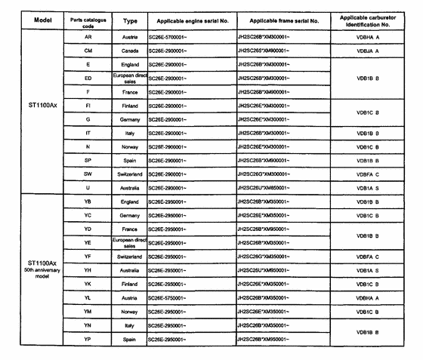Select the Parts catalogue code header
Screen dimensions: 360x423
[88, 20]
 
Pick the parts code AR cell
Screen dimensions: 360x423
[88, 36]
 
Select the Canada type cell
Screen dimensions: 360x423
[130, 51]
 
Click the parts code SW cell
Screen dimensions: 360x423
[88, 174]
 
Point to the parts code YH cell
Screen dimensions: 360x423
[88, 269]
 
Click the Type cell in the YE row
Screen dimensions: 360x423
[130, 242]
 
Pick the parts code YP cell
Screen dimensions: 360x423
[88, 339]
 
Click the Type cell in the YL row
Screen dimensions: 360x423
[130, 297]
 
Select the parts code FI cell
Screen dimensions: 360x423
[88, 106]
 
